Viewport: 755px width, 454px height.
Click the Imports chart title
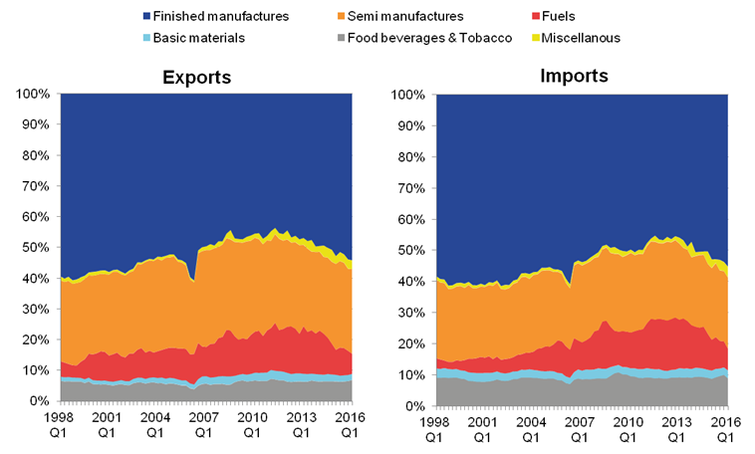[x=575, y=76]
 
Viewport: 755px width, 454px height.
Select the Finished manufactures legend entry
[x=215, y=15]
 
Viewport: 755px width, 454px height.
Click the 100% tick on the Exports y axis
[x=32, y=95]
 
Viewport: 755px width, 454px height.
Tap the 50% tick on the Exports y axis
[x=35, y=248]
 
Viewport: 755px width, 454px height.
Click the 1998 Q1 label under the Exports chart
[x=60, y=426]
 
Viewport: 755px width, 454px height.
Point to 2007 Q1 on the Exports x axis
[x=204, y=426]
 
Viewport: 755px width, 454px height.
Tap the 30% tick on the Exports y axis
[x=35, y=310]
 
